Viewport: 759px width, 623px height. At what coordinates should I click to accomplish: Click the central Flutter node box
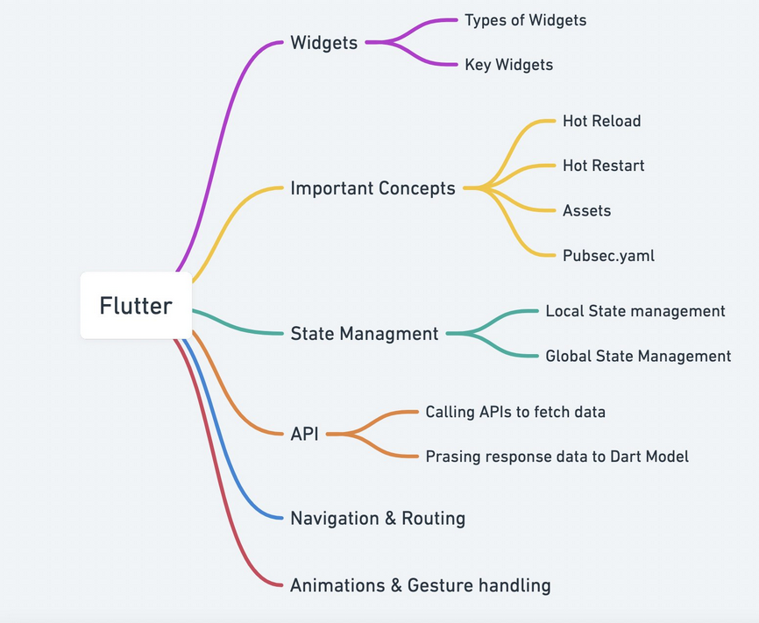click(136, 306)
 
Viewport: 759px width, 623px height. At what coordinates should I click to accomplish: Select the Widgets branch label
click(323, 42)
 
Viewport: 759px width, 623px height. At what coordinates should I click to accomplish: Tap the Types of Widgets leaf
click(525, 19)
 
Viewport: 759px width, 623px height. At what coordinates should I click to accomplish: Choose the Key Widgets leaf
click(508, 65)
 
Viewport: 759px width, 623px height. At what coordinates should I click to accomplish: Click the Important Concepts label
click(372, 188)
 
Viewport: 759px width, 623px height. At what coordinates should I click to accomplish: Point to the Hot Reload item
click(601, 121)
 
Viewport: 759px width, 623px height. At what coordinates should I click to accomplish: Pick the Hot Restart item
click(603, 166)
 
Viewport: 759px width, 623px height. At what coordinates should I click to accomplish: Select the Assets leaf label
click(586, 210)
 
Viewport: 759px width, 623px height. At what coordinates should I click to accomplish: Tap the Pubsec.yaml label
click(608, 256)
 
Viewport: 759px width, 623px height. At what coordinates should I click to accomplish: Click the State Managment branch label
click(364, 333)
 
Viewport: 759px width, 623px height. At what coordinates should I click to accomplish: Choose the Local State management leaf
click(635, 311)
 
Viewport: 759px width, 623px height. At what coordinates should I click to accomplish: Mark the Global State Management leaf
click(637, 356)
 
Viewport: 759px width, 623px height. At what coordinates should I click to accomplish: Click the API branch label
click(304, 433)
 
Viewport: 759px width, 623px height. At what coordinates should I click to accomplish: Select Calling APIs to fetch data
click(515, 411)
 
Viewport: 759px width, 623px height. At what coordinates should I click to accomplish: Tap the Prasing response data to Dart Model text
click(557, 456)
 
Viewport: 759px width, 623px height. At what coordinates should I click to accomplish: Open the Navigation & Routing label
click(378, 518)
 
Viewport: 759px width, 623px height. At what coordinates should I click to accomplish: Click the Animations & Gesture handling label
click(420, 584)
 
